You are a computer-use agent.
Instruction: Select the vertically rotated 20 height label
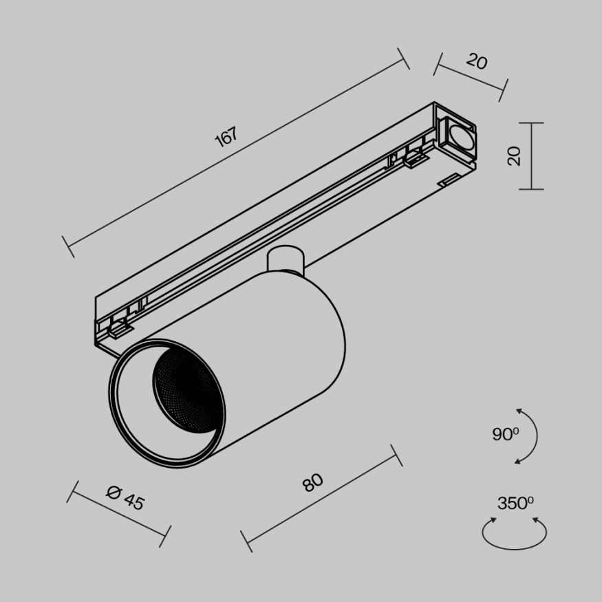(x=514, y=156)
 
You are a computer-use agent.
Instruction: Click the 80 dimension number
(x=312, y=483)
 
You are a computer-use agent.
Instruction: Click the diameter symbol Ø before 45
(x=114, y=491)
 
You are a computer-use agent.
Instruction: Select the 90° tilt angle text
(x=505, y=434)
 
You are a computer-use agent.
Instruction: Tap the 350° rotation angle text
(x=516, y=503)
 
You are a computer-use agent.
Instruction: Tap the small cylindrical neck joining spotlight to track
(x=285, y=259)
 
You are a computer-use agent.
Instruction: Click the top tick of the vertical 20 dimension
(x=531, y=123)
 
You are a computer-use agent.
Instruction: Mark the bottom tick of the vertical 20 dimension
(x=531, y=189)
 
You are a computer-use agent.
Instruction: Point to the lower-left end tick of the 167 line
(x=67, y=246)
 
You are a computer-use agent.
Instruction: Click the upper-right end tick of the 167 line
(x=404, y=58)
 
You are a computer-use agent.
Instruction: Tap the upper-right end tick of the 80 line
(x=396, y=455)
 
